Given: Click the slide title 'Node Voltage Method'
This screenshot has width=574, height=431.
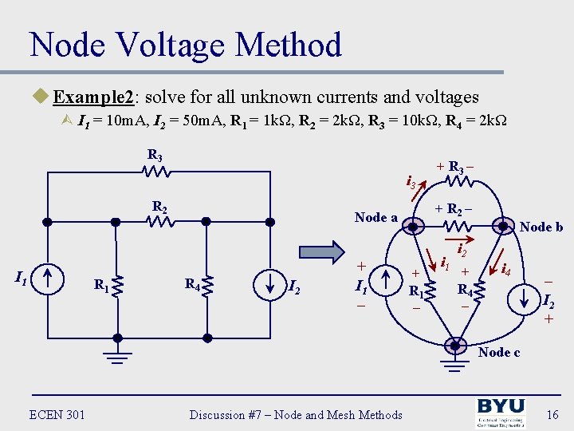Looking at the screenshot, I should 185,45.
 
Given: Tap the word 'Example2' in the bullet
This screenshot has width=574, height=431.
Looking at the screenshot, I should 93,97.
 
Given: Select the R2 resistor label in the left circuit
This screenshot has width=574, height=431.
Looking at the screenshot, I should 159,208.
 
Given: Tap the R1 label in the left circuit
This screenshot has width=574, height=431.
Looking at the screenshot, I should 101,283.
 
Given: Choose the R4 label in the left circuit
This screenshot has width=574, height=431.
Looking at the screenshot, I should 192,283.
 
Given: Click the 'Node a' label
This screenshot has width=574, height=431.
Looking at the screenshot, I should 375,217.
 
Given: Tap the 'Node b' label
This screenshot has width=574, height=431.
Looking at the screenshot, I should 541,227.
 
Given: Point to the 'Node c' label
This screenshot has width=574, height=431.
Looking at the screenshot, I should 499,352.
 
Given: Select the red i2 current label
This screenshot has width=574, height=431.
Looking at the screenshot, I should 462,250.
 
